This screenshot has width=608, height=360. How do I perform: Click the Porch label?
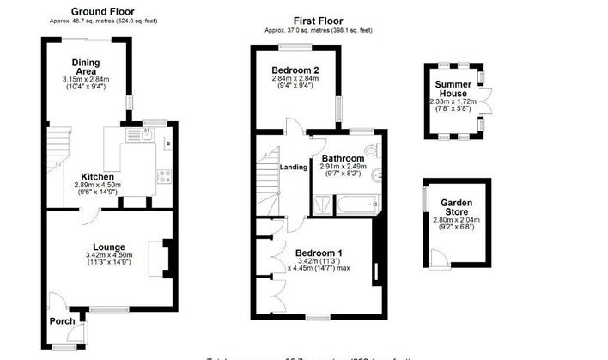click(x=61, y=323)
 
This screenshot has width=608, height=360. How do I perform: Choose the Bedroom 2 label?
click(x=295, y=70)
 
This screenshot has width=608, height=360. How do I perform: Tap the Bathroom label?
click(x=343, y=158)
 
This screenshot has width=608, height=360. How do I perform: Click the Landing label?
click(x=294, y=167)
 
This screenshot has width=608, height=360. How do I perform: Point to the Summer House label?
click(x=453, y=88)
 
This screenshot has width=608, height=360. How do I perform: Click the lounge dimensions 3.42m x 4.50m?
click(x=108, y=256)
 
